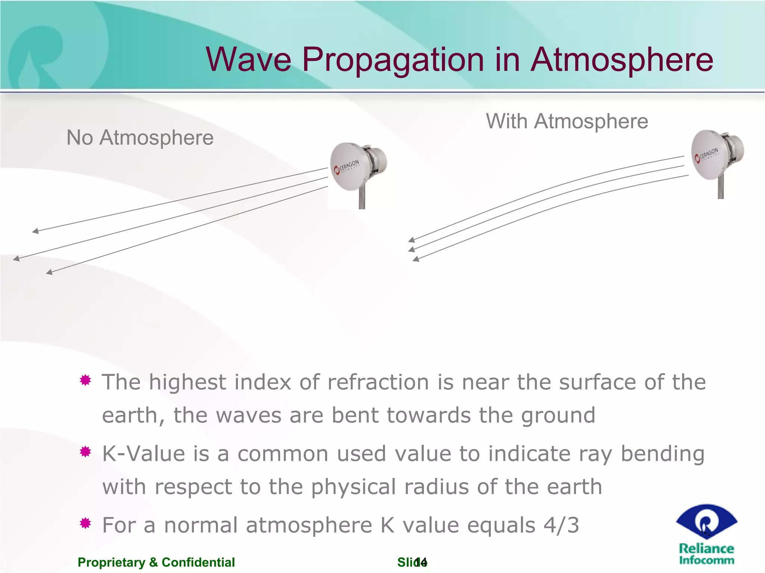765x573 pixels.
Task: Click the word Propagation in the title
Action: pyautogui.click(x=393, y=60)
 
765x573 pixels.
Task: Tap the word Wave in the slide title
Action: pyautogui.click(x=248, y=60)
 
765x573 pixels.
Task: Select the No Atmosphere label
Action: pyautogui.click(x=140, y=138)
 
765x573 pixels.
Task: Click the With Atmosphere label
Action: pyautogui.click(x=567, y=121)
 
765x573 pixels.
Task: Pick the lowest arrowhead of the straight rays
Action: pyautogui.click(x=49, y=272)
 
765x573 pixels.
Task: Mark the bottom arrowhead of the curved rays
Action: pyautogui.click(x=416, y=259)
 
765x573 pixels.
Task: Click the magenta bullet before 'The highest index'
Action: pyautogui.click(x=86, y=381)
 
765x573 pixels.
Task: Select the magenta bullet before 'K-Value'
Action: pyautogui.click(x=86, y=452)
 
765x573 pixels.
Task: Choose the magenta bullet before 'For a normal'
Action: pyautogui.click(x=86, y=523)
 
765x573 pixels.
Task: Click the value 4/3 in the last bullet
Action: pyautogui.click(x=561, y=525)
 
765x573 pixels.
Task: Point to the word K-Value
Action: pyautogui.click(x=144, y=454)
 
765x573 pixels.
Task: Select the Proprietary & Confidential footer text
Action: pyautogui.click(x=156, y=562)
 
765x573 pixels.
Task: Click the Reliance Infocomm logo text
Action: pyautogui.click(x=706, y=554)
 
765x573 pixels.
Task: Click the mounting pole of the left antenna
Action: pyautogui.click(x=362, y=200)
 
